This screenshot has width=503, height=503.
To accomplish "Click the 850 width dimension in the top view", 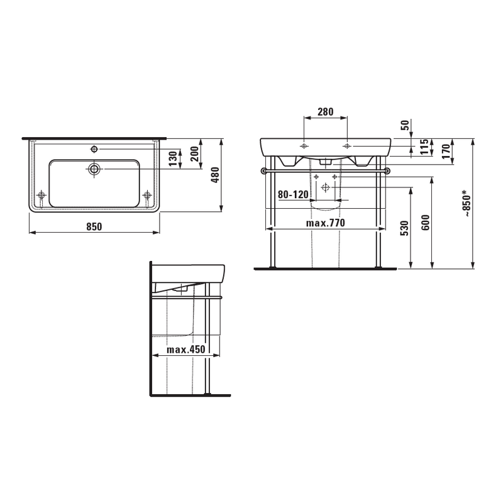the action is tap(94, 226).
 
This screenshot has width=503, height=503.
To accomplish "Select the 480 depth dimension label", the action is tap(216, 175).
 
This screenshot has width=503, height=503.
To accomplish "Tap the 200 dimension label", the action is tap(195, 153).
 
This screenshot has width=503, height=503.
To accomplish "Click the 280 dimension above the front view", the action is tap(326, 112).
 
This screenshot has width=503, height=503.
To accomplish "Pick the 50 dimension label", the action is tap(406, 124).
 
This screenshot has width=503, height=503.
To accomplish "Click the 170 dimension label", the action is tap(445, 152).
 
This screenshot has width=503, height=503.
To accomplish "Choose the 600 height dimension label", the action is tap(426, 223).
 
